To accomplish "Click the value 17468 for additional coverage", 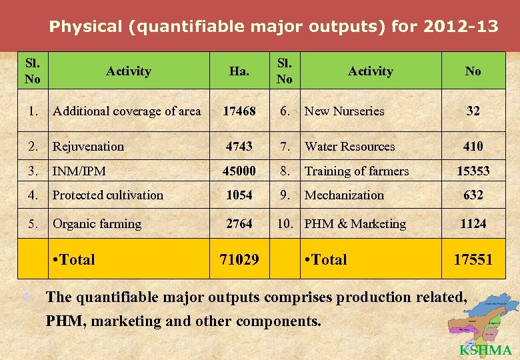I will (239, 111).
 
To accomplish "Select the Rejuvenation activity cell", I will (89, 146).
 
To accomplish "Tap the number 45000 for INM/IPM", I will (239, 171).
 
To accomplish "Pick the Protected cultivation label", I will (108, 195).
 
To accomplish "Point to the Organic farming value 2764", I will (239, 224).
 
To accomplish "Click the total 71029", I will (239, 259).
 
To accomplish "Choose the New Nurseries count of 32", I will (473, 111).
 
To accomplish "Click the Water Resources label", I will (349, 146).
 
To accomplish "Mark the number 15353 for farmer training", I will (473, 171).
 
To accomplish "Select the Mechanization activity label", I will (344, 195).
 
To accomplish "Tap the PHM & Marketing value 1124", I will (473, 224).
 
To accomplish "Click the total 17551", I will (473, 259).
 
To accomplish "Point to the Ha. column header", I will (239, 71).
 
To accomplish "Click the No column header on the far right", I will (473, 71).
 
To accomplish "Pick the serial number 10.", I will (285, 224).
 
